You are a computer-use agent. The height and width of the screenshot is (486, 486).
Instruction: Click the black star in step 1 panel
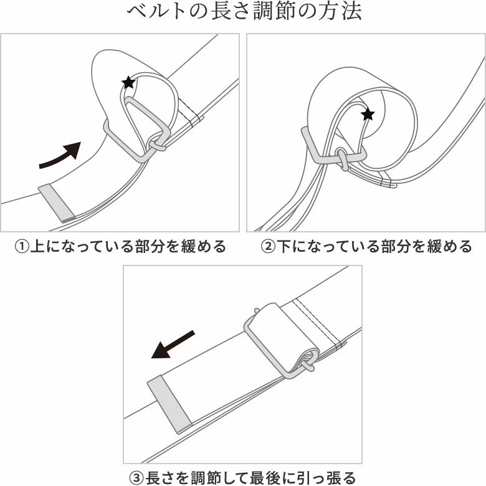(128, 82)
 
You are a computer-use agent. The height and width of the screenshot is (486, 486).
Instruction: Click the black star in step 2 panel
(368, 114)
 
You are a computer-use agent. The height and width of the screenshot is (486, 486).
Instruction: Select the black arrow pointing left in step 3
(173, 345)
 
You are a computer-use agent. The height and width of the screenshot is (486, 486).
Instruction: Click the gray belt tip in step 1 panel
(57, 202)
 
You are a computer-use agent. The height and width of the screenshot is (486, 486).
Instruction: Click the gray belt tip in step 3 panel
(169, 404)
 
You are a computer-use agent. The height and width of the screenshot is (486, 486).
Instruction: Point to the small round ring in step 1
(156, 145)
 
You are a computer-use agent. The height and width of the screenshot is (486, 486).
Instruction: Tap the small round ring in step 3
(308, 361)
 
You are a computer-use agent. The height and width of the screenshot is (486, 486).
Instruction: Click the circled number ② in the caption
(267, 247)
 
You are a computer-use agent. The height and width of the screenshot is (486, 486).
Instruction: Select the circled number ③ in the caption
(136, 478)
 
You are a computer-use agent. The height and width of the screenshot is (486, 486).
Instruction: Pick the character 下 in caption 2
(283, 247)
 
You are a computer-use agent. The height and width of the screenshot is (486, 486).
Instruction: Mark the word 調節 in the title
(272, 13)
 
